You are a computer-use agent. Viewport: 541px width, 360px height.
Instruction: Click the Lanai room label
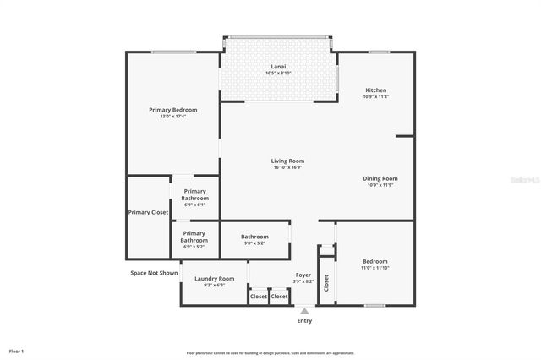coord(278,66)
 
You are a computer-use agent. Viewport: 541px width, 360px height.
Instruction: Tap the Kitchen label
coord(375,90)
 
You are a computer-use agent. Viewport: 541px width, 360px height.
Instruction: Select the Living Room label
coord(287,161)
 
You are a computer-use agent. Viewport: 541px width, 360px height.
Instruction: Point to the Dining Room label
coord(380,178)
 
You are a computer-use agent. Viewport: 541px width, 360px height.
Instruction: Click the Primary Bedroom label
coord(172,110)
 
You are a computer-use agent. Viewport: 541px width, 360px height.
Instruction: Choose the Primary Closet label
coord(148,212)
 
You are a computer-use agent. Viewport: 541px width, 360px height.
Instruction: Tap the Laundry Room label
coord(214,278)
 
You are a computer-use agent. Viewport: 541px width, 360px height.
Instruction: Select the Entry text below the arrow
coord(304,320)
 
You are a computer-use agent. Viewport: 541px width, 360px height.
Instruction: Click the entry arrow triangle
coord(304,310)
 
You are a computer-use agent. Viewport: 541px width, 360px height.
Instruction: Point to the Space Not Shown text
coord(154,273)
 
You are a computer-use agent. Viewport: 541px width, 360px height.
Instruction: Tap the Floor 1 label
coord(17,350)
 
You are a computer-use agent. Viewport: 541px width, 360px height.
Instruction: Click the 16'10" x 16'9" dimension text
coord(287,167)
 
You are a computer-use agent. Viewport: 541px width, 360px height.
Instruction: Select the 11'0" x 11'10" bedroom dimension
coord(375,268)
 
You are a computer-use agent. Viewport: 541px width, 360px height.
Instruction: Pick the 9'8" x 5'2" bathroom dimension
coord(254,243)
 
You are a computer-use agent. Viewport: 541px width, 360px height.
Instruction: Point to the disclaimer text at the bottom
coord(270,353)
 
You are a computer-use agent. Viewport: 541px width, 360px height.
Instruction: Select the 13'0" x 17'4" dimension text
coord(172,117)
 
